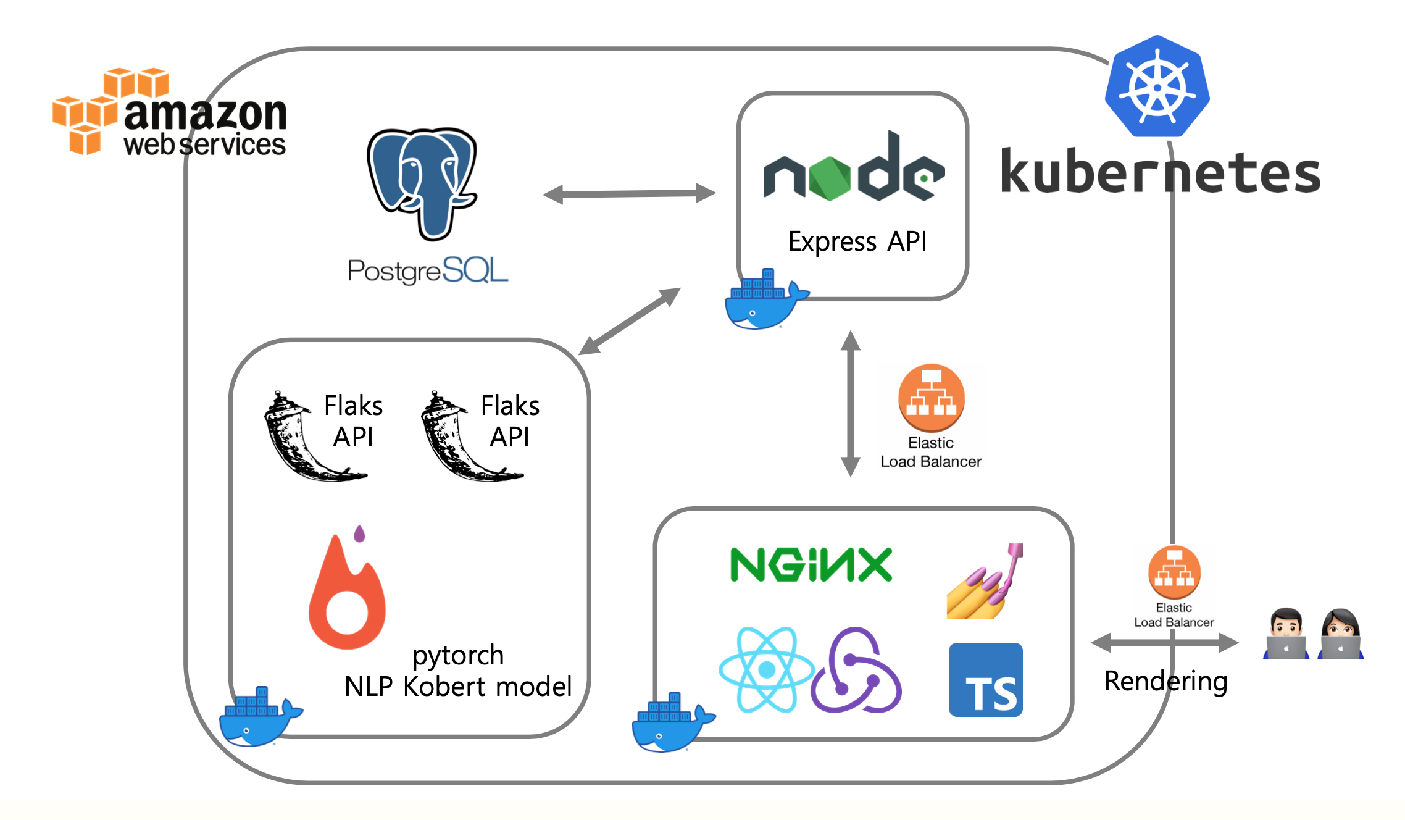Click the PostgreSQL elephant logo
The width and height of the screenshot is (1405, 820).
coord(422,183)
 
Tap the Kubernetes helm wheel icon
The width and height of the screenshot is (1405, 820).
coord(1157,87)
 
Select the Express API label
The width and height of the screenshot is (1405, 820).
coord(857,241)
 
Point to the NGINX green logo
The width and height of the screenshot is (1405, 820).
coord(811,564)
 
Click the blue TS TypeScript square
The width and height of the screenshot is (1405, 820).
coord(985,679)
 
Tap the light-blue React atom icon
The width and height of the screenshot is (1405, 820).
coord(766,669)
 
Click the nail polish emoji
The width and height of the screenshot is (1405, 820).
coord(984,582)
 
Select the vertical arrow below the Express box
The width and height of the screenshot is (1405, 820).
coord(850,404)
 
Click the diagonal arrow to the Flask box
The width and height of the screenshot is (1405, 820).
coord(629,321)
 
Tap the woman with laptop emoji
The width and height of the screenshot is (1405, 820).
coord(1340,634)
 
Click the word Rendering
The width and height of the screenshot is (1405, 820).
coord(1165,682)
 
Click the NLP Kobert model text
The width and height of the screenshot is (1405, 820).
coord(457,687)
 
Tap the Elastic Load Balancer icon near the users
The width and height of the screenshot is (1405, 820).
coord(1174,572)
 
